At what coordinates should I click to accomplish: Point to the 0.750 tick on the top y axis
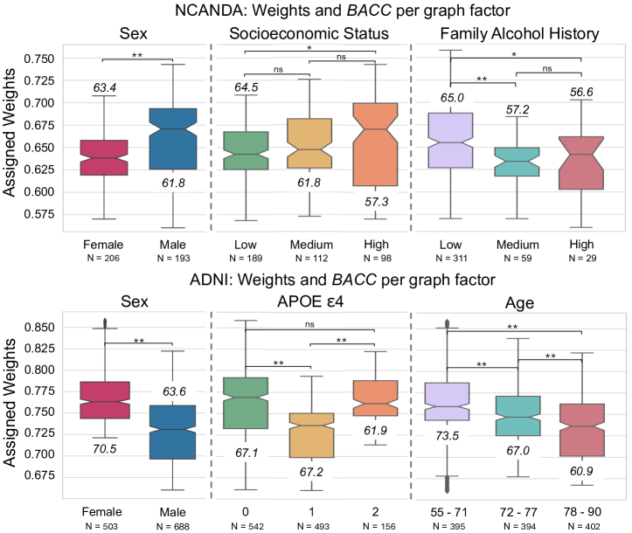click(61, 59)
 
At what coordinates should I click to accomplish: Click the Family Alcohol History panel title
click(506, 34)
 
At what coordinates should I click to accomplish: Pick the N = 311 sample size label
click(446, 260)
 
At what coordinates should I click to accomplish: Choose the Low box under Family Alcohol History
click(446, 140)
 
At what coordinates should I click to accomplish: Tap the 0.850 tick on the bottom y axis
click(61, 328)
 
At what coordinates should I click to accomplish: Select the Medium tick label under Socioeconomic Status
click(310, 244)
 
